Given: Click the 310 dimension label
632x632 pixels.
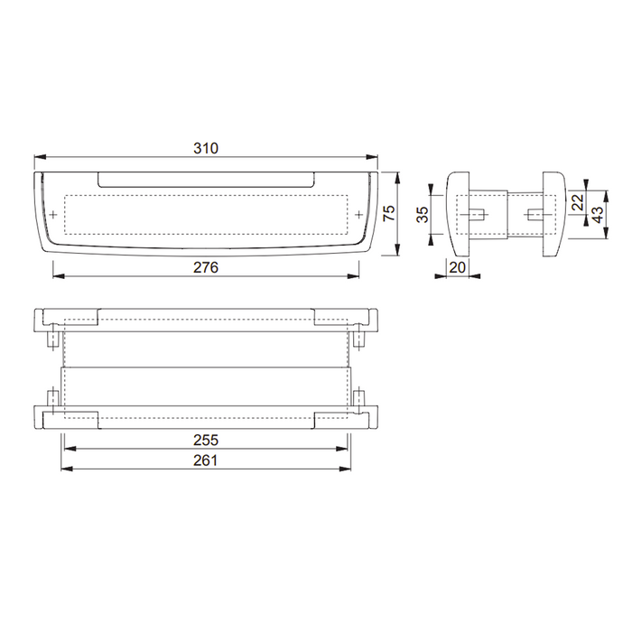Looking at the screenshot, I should pyautogui.click(x=207, y=147).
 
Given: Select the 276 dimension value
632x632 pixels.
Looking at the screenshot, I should pyautogui.click(x=207, y=267).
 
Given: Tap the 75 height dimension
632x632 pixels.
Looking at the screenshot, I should pyautogui.click(x=390, y=213).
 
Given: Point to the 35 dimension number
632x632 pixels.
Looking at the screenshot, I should pyautogui.click(x=423, y=214).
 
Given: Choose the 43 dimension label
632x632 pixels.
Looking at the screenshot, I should pyautogui.click(x=597, y=214).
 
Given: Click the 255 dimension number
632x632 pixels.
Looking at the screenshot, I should pyautogui.click(x=207, y=440).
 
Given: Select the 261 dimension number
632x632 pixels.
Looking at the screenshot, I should pyautogui.click(x=207, y=460).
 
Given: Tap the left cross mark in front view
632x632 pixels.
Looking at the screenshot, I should pyautogui.click(x=55, y=214).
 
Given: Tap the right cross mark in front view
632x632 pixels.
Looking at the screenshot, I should pyautogui.click(x=359, y=214).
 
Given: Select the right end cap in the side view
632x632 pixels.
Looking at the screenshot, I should pyautogui.click(x=553, y=214).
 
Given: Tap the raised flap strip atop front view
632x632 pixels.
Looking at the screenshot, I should pyautogui.click(x=207, y=178).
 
